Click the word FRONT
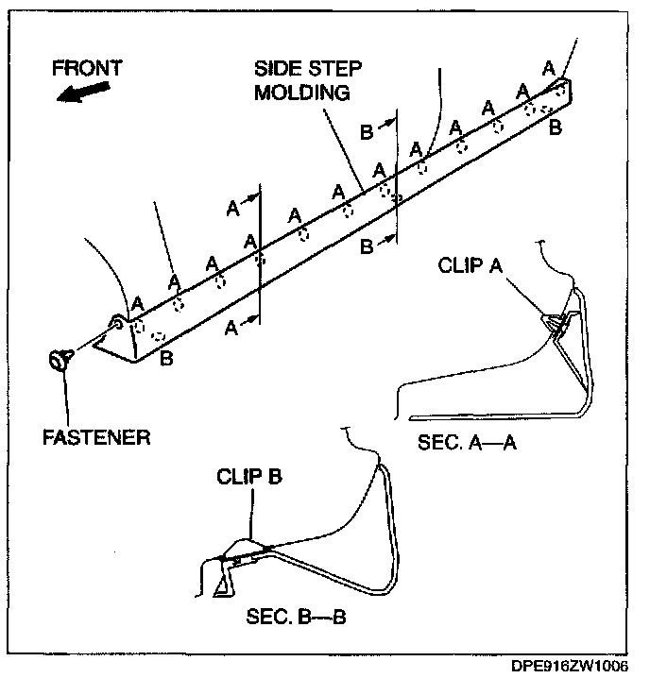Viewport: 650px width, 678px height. [87, 68]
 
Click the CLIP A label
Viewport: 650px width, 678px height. [470, 265]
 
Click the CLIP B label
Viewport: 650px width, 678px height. [249, 477]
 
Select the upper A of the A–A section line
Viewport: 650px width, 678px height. [232, 209]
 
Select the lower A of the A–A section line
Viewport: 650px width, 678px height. [232, 326]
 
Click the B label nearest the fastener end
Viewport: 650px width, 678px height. [166, 357]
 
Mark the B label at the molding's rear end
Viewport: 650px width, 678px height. [556, 126]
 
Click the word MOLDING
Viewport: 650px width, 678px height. [302, 93]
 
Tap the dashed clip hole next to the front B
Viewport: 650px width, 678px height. [158, 336]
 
